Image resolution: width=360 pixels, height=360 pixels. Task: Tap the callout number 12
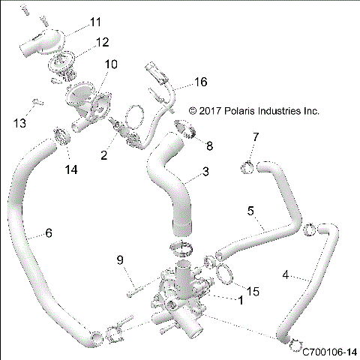click(102, 42)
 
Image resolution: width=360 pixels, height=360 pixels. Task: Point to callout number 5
click(250, 211)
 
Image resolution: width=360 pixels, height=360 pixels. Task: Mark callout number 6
click(49, 233)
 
